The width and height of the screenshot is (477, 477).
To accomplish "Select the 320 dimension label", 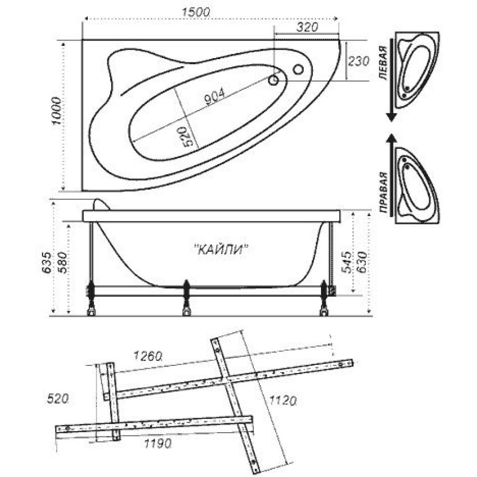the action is coord(307,27).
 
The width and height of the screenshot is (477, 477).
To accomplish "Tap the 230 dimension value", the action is coord(358,61).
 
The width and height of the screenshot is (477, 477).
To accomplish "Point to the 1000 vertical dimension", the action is coord(57,111).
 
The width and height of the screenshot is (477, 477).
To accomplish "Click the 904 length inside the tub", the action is coord(215,96).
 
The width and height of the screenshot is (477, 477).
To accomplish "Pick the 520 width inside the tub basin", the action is coord(188,136).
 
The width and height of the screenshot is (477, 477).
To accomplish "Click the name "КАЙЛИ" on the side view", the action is coord(221,250).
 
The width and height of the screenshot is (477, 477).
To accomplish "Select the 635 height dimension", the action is coord(47,263).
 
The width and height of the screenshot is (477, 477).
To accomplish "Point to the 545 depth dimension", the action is coord(346,263).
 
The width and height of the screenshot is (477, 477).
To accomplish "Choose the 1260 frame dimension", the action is coord(148,355).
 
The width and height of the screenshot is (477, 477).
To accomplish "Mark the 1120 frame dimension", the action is coord(282,401).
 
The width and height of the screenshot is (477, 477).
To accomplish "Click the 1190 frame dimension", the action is coord(157,444).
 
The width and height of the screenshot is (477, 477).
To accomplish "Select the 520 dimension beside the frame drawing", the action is coord(58,398).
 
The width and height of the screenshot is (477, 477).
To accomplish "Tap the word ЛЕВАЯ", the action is coord(384,63).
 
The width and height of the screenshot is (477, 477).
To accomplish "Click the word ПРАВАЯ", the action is coord(384,192).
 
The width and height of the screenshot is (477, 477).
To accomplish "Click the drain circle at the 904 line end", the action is coord(273,80).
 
